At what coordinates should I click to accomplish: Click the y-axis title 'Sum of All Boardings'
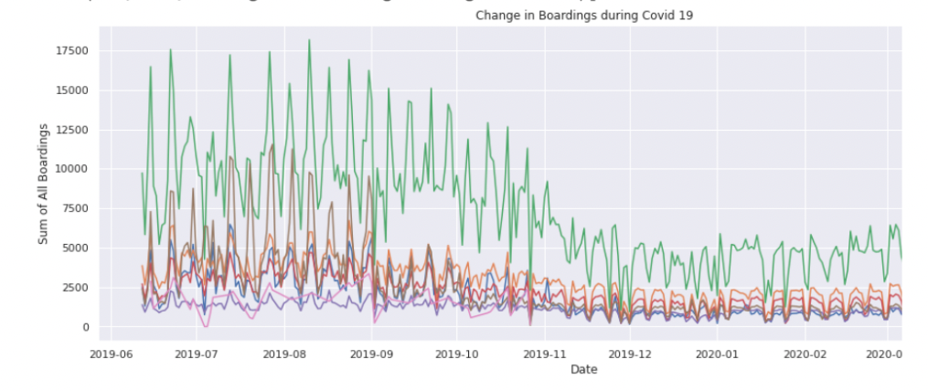coord(42,183)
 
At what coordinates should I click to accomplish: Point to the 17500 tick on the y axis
coord(70,50)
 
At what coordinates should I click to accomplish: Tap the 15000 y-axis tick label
coord(70,90)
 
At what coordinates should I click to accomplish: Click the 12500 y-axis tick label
coord(70,130)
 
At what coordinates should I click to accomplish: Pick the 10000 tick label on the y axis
coord(70,169)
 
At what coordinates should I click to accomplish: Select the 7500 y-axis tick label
coord(74,208)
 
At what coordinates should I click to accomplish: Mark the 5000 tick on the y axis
coord(74,248)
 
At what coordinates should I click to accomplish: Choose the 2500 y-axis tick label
coord(74,288)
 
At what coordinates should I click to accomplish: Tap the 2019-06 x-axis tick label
coord(112,352)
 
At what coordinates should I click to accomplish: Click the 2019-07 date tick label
coord(199,352)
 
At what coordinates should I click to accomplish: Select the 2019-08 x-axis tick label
coord(285,352)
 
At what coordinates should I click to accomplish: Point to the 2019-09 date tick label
coord(372,352)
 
